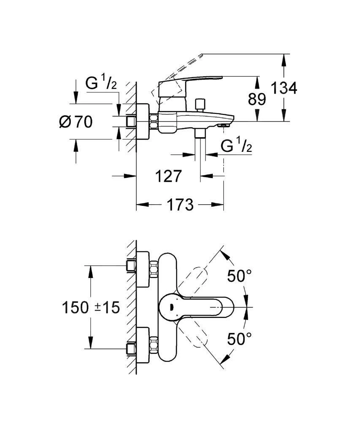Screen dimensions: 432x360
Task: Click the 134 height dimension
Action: [x=284, y=88]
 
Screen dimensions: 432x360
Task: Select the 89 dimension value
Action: [x=257, y=99]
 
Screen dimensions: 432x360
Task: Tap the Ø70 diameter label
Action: [x=76, y=122]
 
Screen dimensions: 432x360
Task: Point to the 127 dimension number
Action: [x=168, y=175]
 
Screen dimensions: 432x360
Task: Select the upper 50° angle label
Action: [x=239, y=276]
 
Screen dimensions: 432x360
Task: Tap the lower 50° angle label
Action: [x=239, y=338]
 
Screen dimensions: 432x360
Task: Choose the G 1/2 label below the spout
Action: [x=236, y=147]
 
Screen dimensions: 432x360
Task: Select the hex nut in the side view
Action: [x=152, y=122]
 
